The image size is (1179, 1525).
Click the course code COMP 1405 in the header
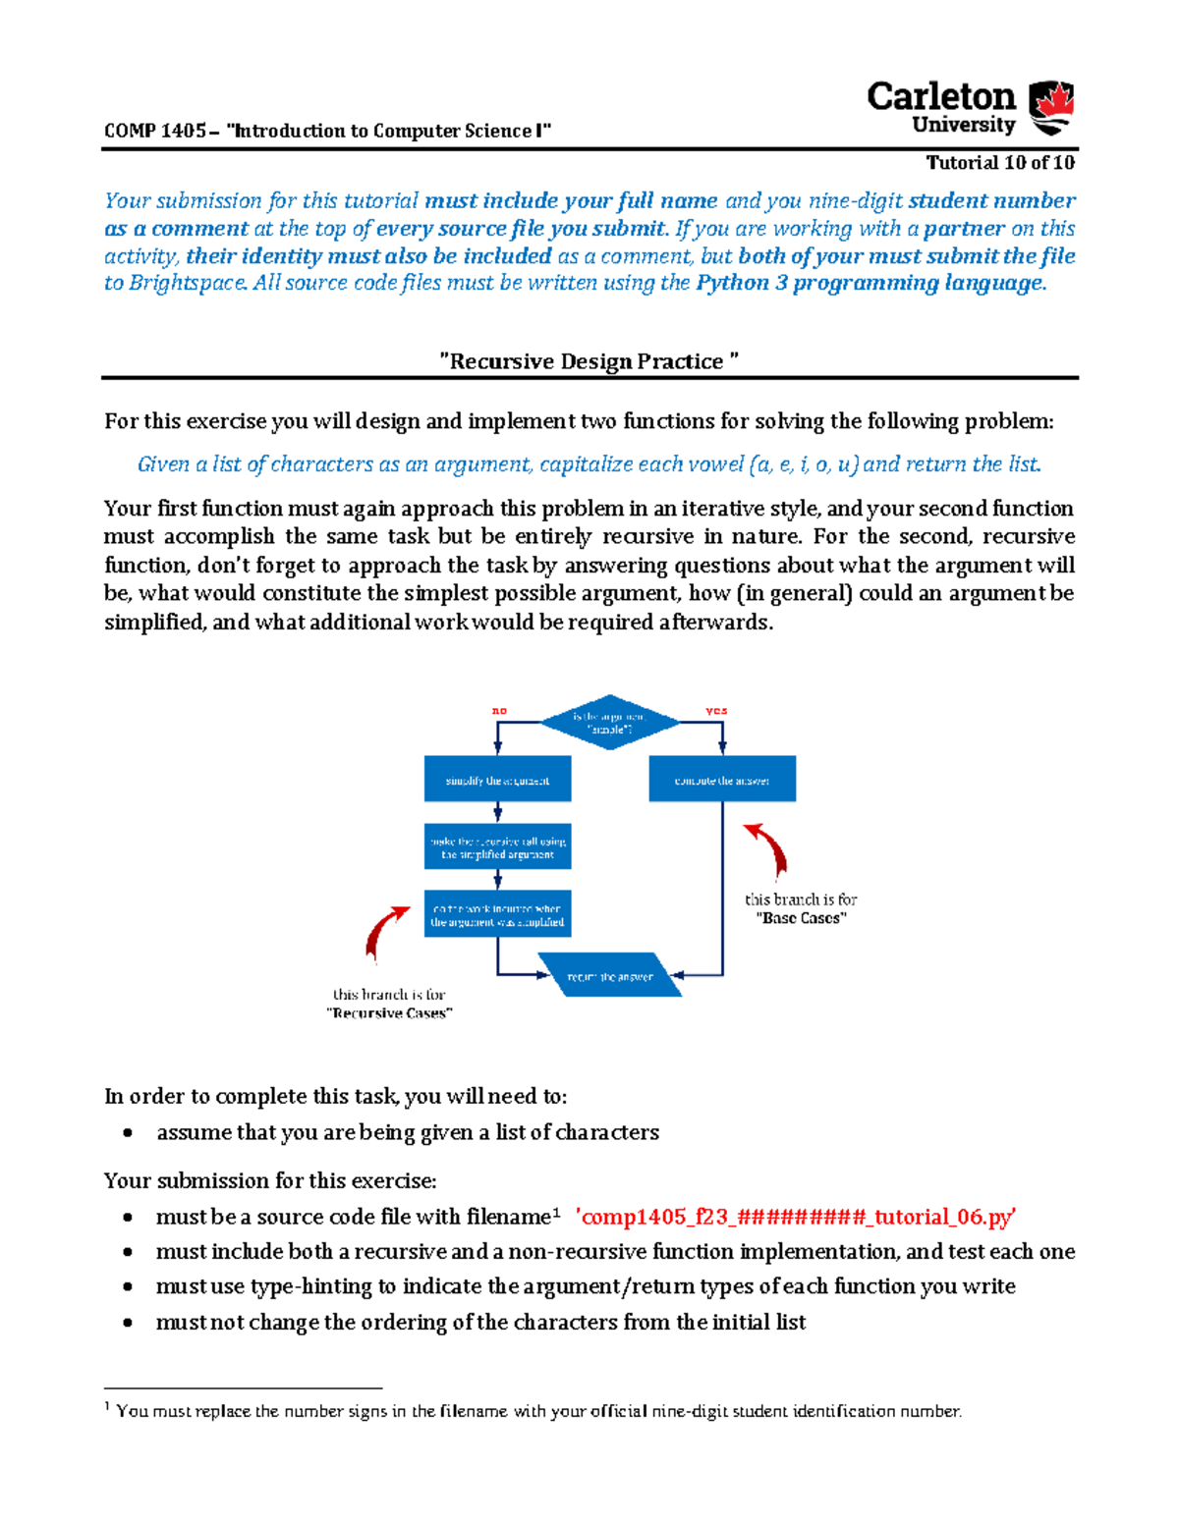(155, 131)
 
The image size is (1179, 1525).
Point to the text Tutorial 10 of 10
(1000, 163)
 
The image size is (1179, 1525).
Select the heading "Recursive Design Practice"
(589, 361)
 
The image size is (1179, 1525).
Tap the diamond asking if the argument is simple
(609, 723)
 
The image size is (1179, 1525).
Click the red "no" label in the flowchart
(499, 710)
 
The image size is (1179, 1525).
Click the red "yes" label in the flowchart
(716, 710)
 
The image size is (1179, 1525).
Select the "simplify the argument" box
(497, 780)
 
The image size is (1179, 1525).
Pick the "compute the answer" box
(722, 780)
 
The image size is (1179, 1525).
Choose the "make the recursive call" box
(497, 847)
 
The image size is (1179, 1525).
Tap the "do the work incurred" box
(497, 914)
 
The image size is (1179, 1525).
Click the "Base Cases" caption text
(801, 918)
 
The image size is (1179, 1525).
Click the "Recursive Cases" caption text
(389, 1013)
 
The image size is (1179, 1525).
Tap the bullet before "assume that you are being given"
(128, 1133)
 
